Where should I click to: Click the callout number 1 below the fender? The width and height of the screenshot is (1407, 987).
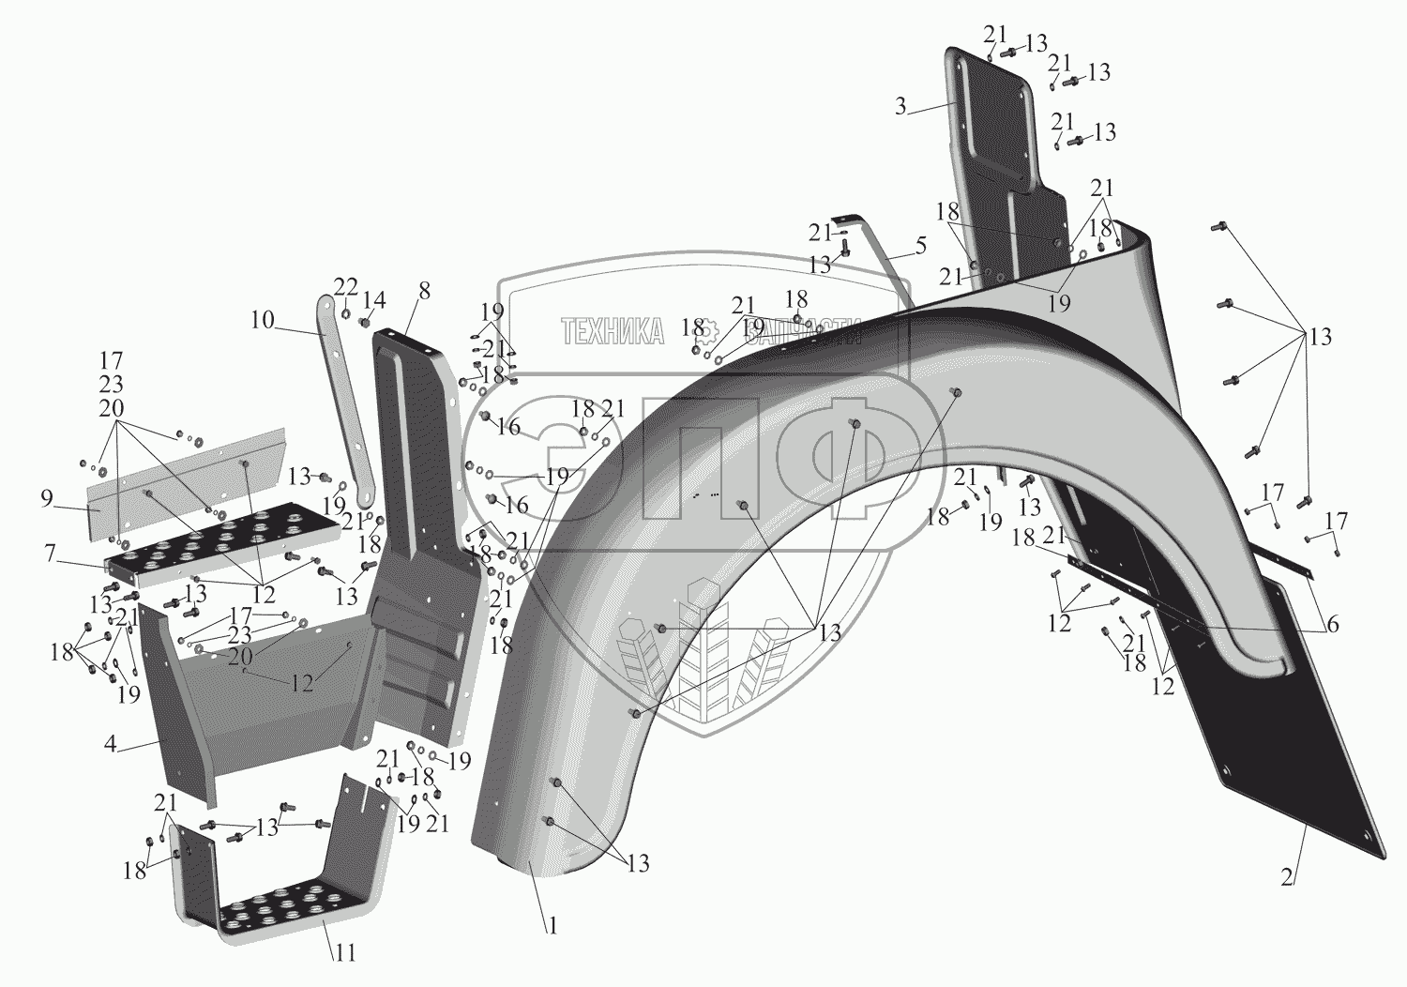click(x=553, y=926)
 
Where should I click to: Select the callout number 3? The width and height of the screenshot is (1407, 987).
click(x=900, y=106)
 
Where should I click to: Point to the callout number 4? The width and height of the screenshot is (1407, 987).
click(x=111, y=746)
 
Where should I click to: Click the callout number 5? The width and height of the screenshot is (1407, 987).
click(x=920, y=246)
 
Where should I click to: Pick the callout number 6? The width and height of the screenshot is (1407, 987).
click(x=1333, y=625)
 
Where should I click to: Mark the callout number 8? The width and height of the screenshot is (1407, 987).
click(x=424, y=291)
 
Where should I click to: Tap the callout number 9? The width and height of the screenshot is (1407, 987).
click(x=47, y=498)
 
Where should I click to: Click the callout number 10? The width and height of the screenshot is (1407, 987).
click(x=262, y=320)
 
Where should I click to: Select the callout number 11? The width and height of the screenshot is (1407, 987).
click(x=345, y=953)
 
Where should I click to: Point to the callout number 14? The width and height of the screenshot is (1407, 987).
click(x=374, y=300)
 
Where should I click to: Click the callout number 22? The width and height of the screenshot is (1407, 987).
click(x=346, y=286)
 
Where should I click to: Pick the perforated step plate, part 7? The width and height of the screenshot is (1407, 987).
click(x=216, y=544)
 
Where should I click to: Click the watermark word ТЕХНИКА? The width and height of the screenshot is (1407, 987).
click(x=613, y=331)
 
